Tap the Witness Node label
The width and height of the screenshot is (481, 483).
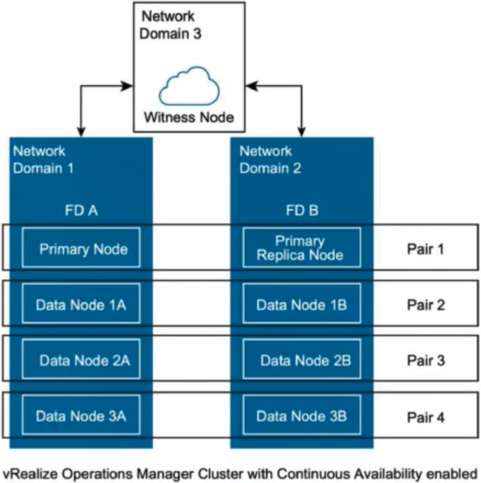(189, 116)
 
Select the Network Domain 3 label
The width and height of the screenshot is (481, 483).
(168, 24)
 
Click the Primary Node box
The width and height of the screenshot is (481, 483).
(80, 249)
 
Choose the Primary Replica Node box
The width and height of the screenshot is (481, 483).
(299, 249)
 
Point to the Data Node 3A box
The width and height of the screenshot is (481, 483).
(80, 417)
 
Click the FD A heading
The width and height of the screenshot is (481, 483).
(81, 211)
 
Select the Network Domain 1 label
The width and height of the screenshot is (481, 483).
(43, 159)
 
